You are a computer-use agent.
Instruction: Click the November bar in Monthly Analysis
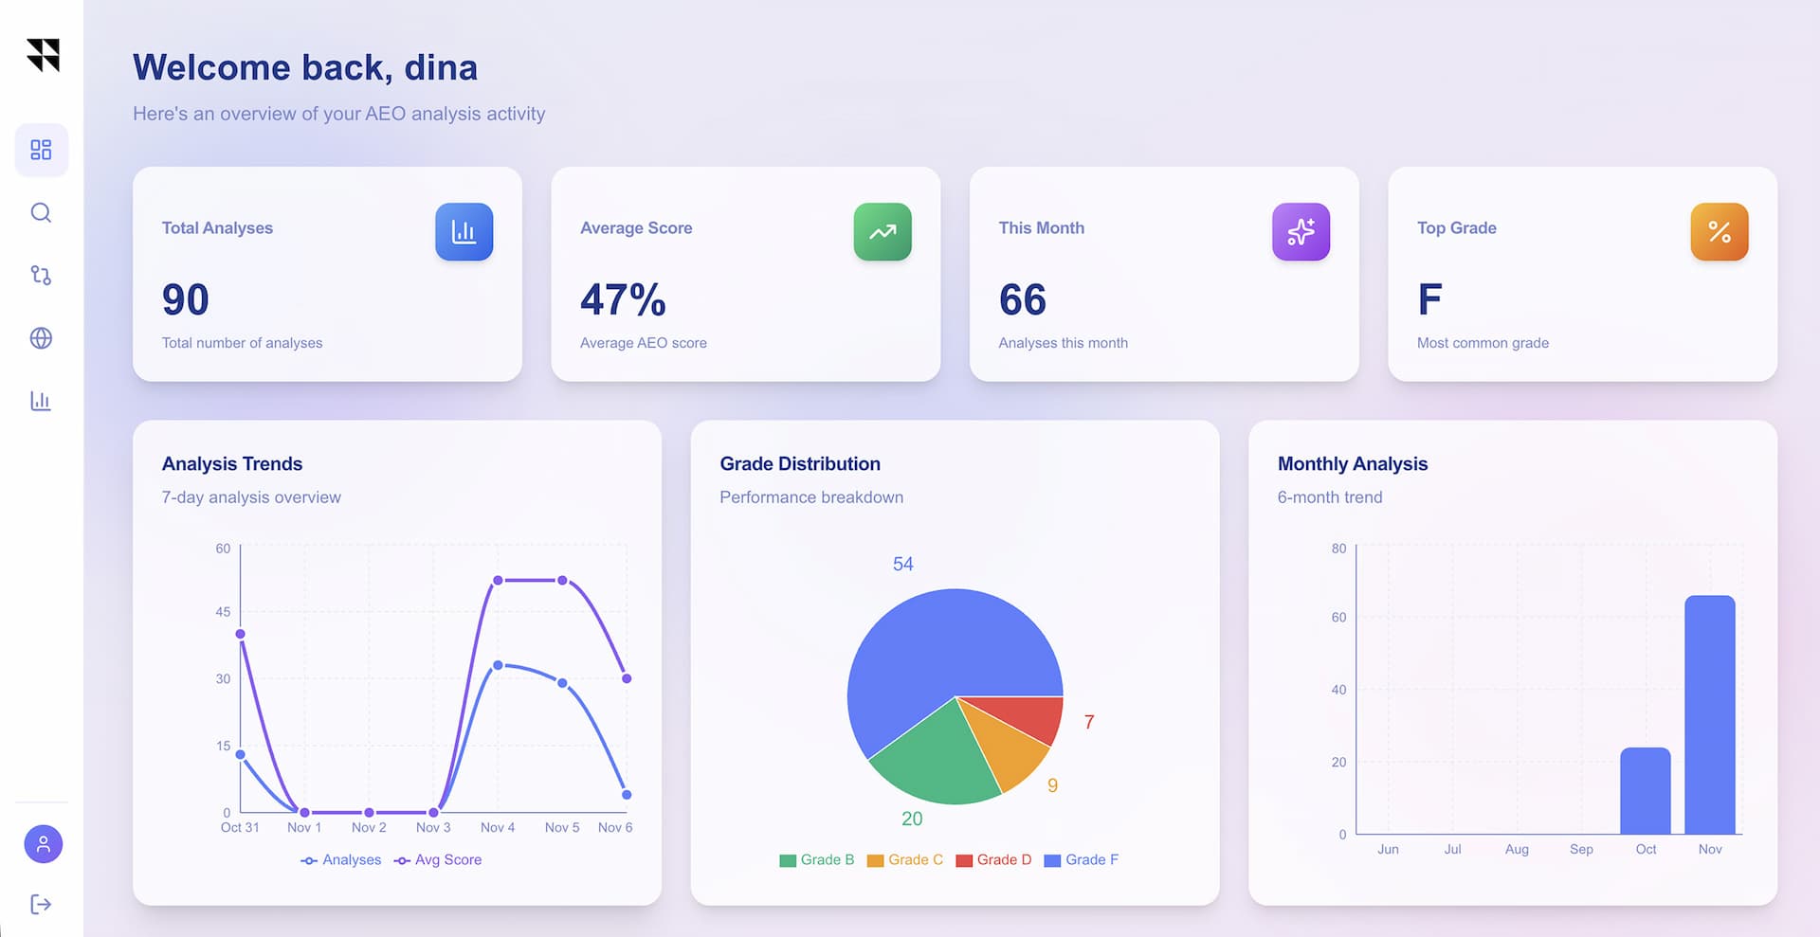click(1709, 714)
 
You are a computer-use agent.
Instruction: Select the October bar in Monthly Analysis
click(1645, 791)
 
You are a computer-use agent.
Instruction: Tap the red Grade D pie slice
click(1024, 717)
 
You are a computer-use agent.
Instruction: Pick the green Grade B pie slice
click(934, 758)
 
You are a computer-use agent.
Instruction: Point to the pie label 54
click(902, 564)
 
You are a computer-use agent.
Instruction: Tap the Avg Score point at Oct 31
click(240, 634)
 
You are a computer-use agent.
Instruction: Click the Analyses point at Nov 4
click(498, 665)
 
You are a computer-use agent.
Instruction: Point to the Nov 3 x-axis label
click(433, 827)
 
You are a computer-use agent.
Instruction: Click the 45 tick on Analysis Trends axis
click(223, 612)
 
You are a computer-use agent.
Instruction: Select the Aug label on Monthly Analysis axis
click(1517, 849)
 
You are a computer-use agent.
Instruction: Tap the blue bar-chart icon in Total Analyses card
click(464, 231)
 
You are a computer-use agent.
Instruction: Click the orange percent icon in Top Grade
click(1719, 231)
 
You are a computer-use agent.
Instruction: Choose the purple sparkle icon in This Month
click(1301, 231)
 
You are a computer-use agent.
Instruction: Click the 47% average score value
click(623, 299)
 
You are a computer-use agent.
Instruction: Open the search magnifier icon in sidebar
click(41, 212)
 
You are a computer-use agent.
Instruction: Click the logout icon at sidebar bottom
click(41, 904)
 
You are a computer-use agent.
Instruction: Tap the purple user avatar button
click(43, 843)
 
